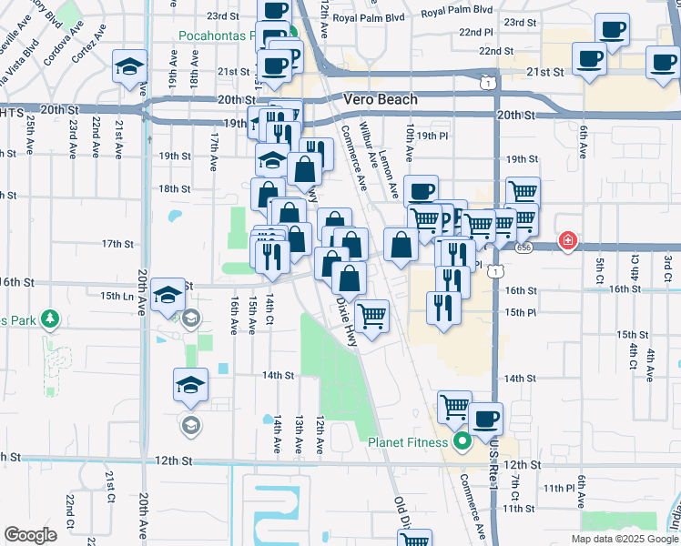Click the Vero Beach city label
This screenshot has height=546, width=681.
(381, 99)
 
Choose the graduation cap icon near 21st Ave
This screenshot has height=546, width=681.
(130, 66)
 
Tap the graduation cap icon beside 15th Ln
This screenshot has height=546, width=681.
(168, 295)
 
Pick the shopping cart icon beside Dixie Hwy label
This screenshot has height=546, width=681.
(371, 317)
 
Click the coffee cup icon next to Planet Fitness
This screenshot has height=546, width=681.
(485, 419)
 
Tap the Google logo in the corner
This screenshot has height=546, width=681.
(30, 535)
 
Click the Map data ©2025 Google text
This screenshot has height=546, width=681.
(624, 539)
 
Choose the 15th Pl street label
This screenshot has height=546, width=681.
(520, 312)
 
